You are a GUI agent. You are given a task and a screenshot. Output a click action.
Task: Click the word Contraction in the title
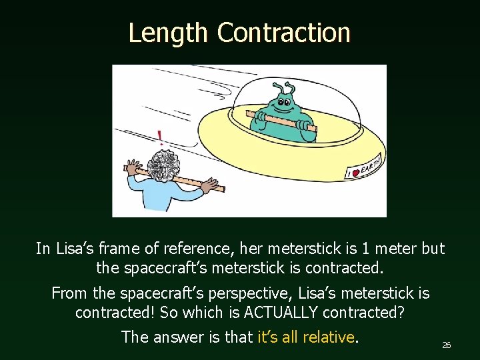tap(283, 32)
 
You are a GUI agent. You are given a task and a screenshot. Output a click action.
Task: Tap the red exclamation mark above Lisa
tap(160, 138)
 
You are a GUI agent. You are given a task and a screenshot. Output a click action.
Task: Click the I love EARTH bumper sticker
tap(363, 166)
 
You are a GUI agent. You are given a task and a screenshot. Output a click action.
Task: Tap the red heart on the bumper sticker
tap(355, 172)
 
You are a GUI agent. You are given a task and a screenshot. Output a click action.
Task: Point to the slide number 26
tap(447, 345)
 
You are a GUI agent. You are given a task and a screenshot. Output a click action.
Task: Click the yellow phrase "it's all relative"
tap(305, 337)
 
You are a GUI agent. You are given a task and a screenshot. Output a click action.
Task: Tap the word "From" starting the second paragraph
tap(69, 293)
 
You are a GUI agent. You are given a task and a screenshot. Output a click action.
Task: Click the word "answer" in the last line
tap(180, 337)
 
